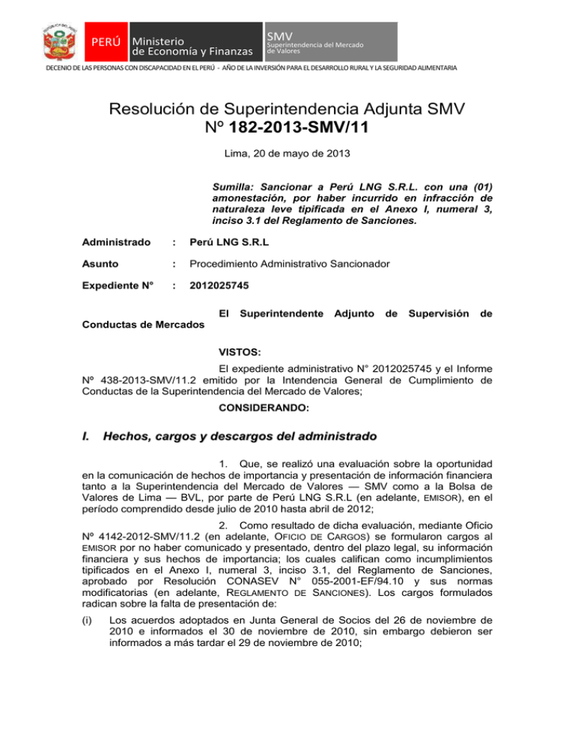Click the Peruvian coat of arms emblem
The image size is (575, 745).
pyautogui.click(x=59, y=41)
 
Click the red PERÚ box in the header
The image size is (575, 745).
pyautogui.click(x=106, y=41)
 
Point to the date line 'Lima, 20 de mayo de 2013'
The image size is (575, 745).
pyautogui.click(x=287, y=157)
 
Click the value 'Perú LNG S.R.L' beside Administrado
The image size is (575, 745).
pyautogui.click(x=232, y=244)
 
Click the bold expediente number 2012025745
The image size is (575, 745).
pyautogui.click(x=222, y=286)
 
